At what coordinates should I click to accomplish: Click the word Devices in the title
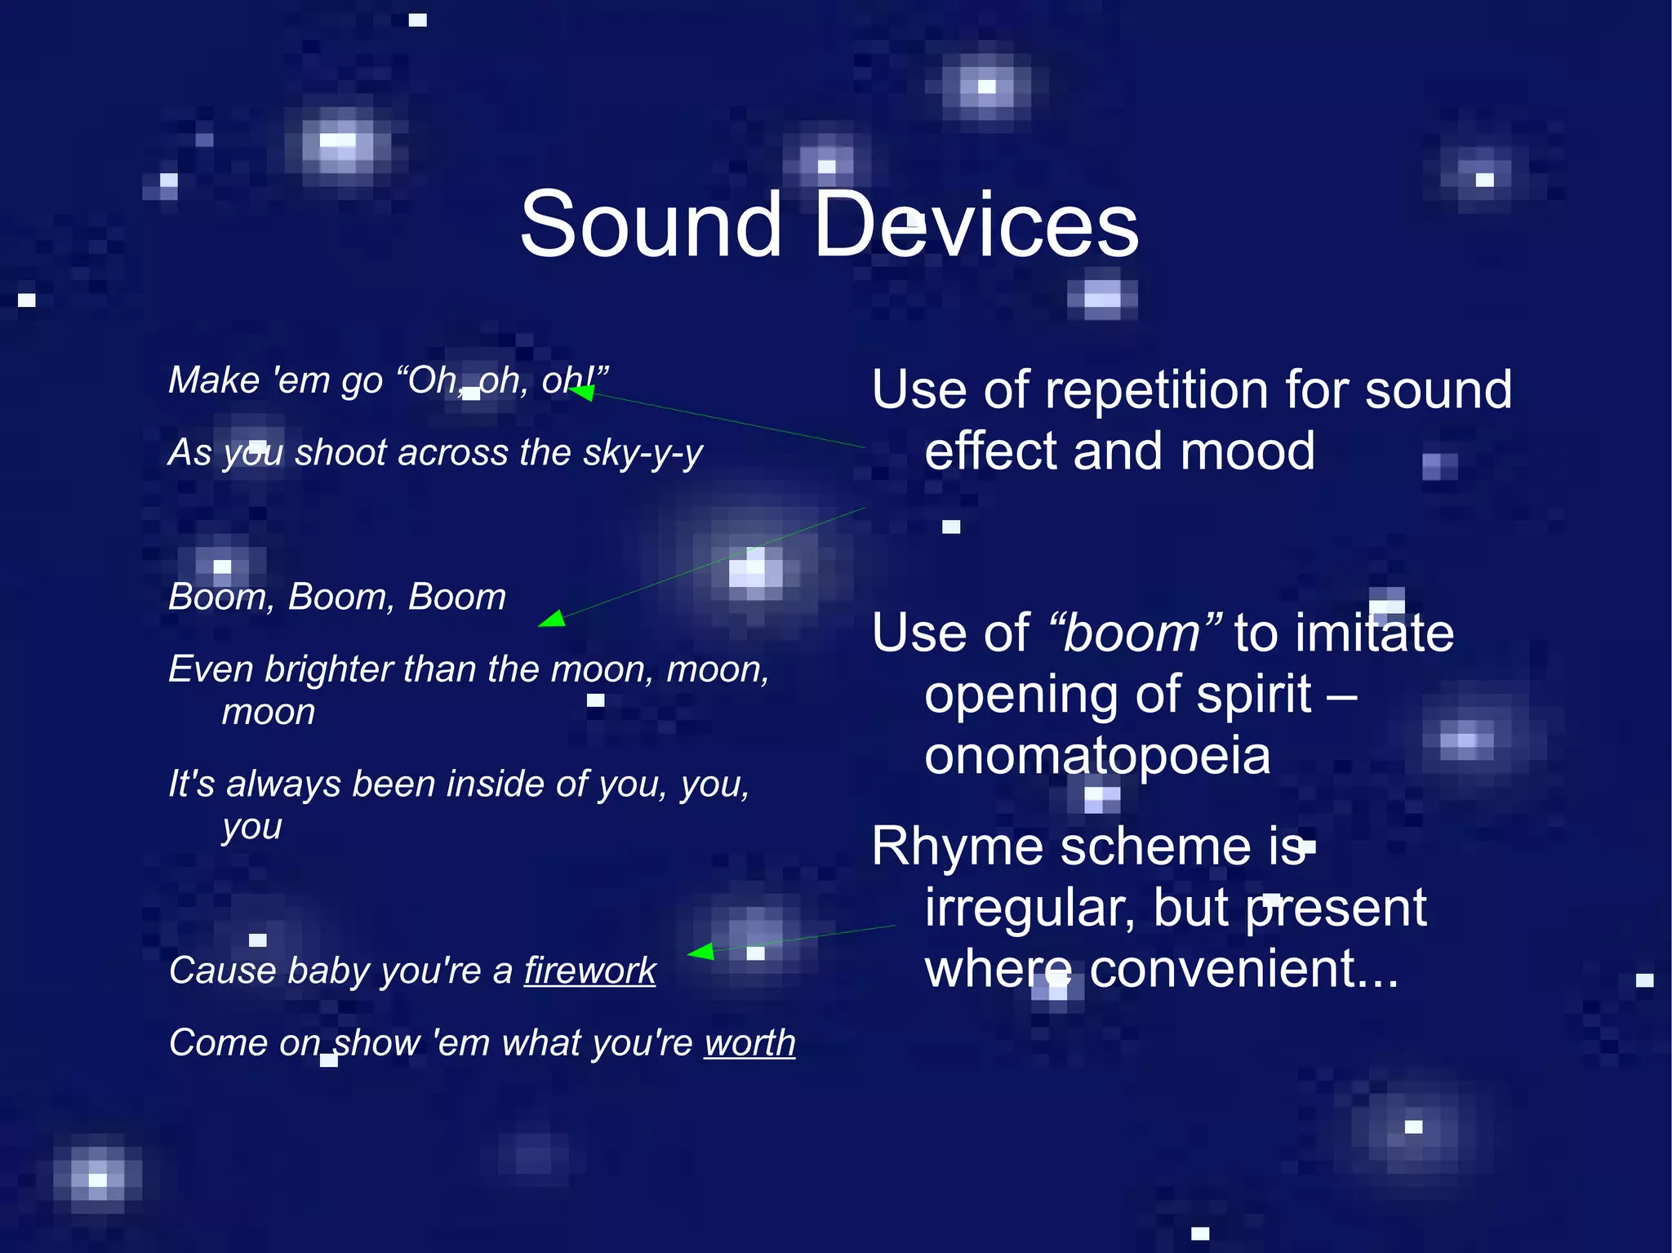pos(976,224)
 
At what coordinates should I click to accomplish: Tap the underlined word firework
pos(589,971)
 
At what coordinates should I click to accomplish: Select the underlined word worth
pos(749,1042)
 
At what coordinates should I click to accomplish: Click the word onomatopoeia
pos(1097,756)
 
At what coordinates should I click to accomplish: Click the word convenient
pos(1243,969)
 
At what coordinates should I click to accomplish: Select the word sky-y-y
pos(643,453)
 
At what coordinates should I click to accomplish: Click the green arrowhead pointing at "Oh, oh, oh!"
pos(581,393)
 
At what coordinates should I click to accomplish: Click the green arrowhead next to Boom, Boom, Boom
pos(553,620)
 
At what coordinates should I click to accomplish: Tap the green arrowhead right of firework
pos(701,951)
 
